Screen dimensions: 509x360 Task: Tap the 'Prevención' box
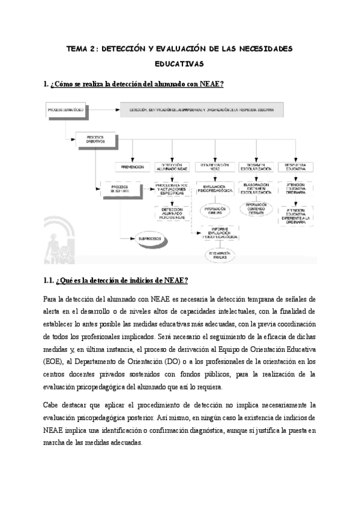click(x=133, y=167)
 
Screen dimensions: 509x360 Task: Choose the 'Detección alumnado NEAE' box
click(x=172, y=166)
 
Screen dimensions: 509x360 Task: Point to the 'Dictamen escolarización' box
click(x=257, y=166)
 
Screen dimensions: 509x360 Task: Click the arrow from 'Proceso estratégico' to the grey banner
click(x=101, y=110)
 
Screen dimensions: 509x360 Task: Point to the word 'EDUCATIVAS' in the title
click(x=179, y=63)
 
